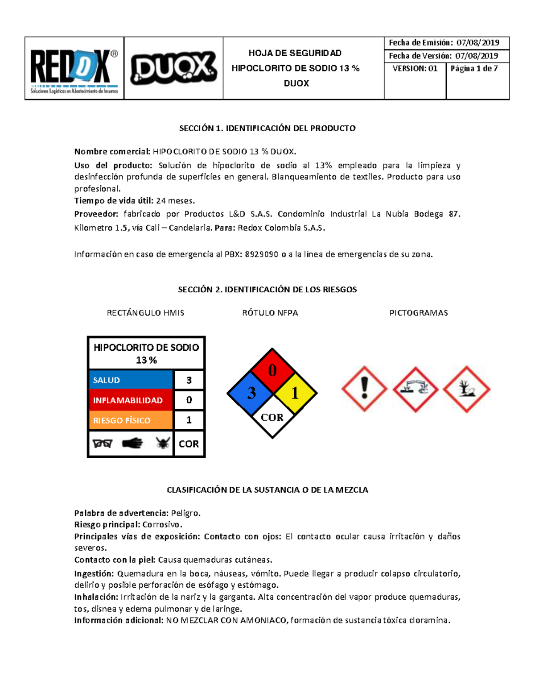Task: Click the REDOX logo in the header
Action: click(x=74, y=69)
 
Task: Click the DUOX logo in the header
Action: click(x=173, y=68)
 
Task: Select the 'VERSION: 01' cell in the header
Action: click(x=415, y=69)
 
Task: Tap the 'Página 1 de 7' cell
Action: click(x=474, y=69)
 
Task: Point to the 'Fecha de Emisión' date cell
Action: click(x=446, y=43)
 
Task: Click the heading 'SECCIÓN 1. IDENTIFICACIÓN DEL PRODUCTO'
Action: click(x=267, y=129)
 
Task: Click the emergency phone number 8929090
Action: click(x=262, y=255)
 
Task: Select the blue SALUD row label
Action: click(x=131, y=380)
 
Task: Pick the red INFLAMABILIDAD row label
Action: click(x=131, y=400)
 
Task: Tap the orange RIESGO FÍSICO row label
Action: click(x=131, y=420)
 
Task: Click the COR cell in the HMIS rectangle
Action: click(x=189, y=444)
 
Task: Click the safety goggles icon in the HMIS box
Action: click(x=102, y=444)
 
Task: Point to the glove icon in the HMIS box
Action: click(x=132, y=443)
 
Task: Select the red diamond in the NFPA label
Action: click(x=272, y=370)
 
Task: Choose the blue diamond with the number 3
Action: click(x=251, y=393)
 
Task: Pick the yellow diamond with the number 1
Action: click(x=295, y=393)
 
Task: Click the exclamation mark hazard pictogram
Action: click(x=364, y=389)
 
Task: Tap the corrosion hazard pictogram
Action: click(x=416, y=389)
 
